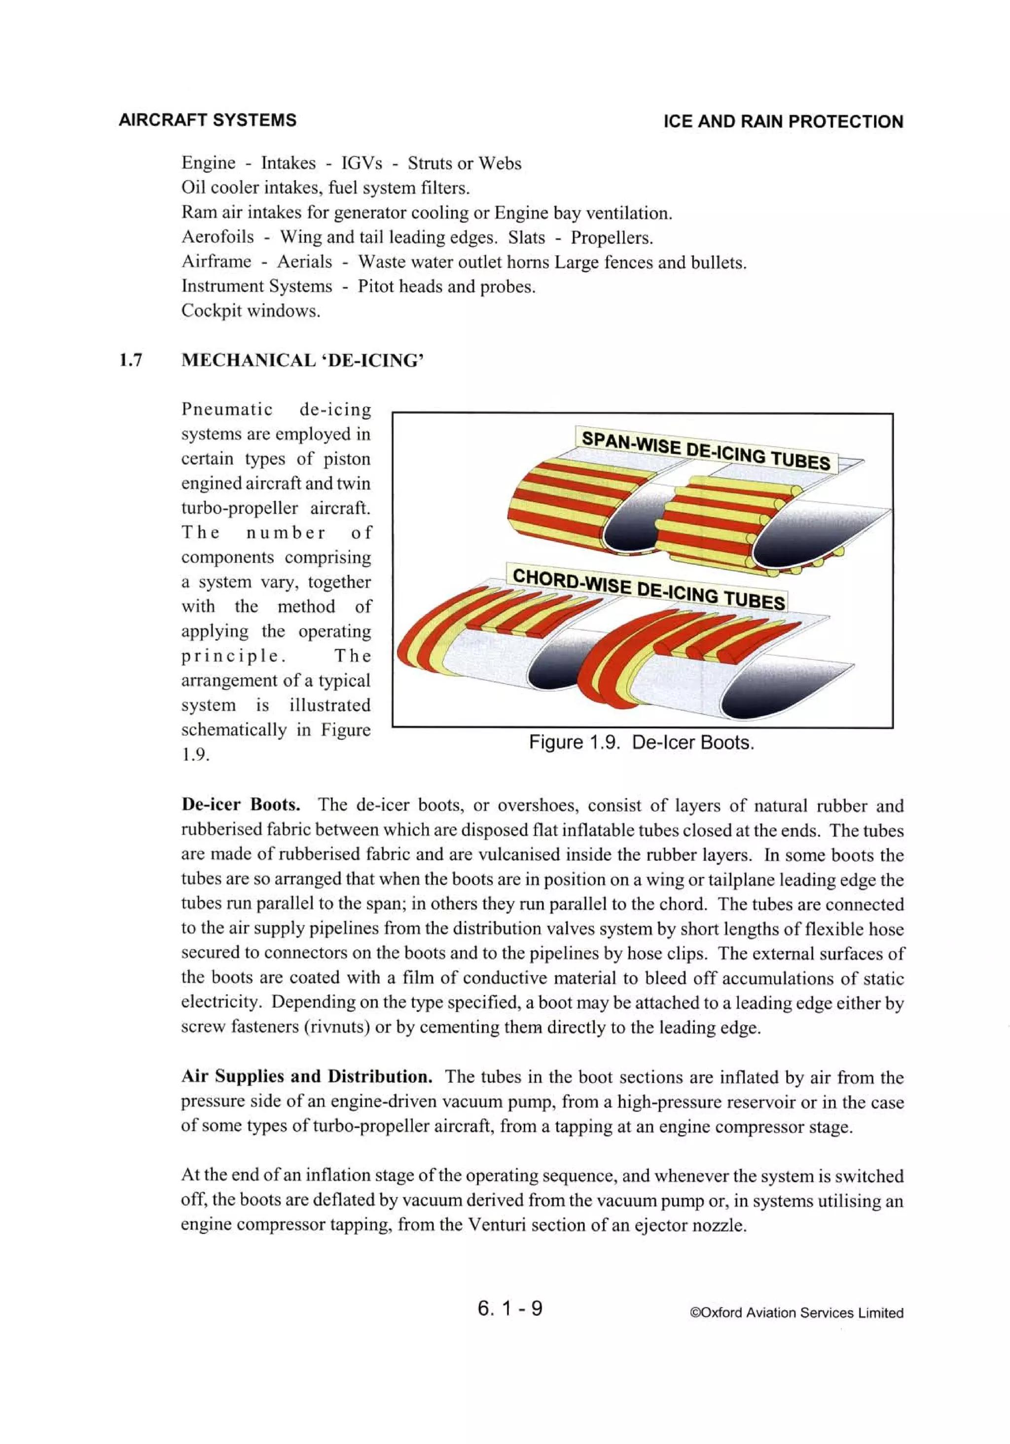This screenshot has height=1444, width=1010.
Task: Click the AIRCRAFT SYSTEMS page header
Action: [x=207, y=120]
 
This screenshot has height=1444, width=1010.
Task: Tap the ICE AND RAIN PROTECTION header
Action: [x=783, y=121]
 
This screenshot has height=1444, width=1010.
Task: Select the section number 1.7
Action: [x=130, y=360]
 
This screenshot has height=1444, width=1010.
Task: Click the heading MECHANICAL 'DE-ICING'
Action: [x=302, y=360]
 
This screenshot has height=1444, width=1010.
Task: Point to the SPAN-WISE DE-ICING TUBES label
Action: [x=706, y=450]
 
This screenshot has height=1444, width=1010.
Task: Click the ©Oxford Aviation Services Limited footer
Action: [x=796, y=1313]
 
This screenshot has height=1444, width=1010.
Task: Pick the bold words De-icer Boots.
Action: [x=240, y=805]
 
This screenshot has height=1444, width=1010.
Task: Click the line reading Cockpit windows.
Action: [x=251, y=311]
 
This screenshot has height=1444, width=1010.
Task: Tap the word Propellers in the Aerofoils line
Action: [x=612, y=238]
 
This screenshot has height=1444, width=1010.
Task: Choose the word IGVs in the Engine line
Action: [x=361, y=163]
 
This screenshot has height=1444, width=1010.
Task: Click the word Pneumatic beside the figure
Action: [x=226, y=409]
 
